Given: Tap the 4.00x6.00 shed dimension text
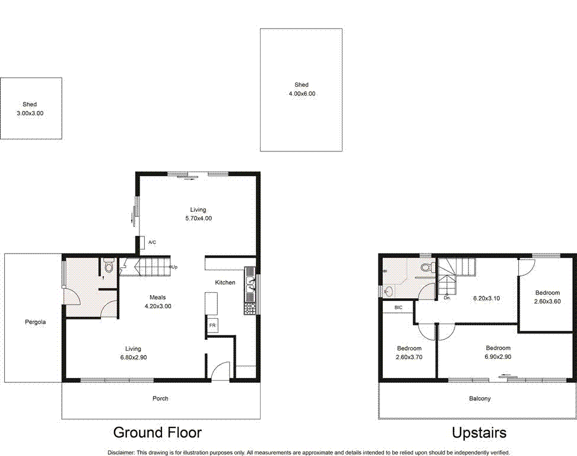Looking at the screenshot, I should [302, 94].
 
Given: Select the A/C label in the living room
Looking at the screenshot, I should [152, 242].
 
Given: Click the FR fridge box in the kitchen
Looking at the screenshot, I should [212, 326].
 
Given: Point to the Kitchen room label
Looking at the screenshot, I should [225, 283].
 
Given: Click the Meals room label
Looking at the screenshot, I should [158, 297].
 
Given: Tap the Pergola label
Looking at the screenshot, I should [36, 322].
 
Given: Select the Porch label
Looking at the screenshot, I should [160, 398].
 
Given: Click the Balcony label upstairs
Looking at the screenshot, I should [480, 398].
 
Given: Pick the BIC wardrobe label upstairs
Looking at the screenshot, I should [398, 308].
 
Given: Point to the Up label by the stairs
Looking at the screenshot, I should [174, 267].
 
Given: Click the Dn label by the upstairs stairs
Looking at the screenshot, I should [446, 298].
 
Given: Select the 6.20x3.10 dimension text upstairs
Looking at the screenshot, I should [486, 299].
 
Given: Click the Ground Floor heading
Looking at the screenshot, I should [157, 432].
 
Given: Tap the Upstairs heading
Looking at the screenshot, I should [479, 433].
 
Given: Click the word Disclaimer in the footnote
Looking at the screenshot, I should [122, 452].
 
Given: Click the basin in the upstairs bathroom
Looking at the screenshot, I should [388, 291].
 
